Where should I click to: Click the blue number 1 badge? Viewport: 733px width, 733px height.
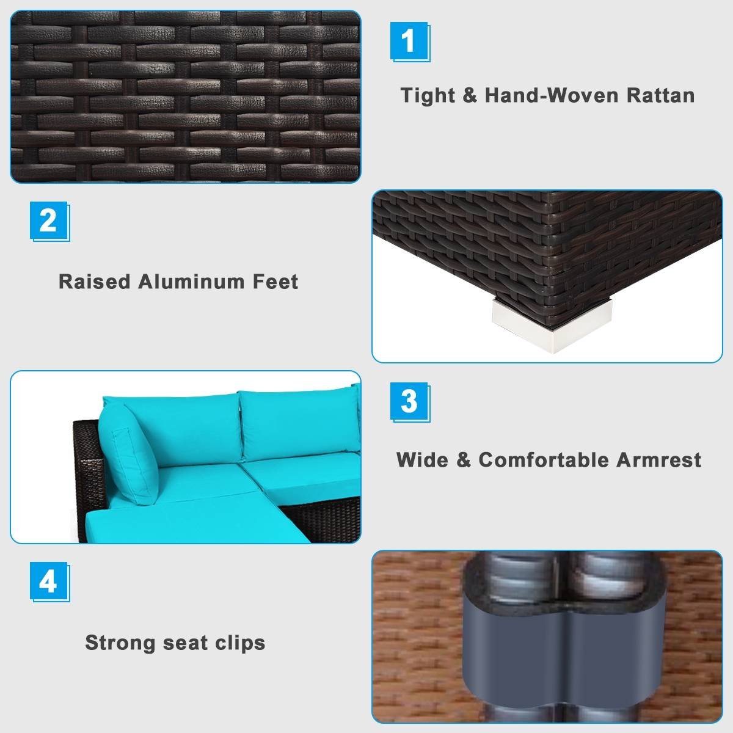point(409,41)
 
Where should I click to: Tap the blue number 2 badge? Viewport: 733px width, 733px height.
point(49,221)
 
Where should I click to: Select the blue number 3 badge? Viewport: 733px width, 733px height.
point(409,401)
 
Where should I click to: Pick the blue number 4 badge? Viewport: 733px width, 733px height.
point(49,581)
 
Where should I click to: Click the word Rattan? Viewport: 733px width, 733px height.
point(660,95)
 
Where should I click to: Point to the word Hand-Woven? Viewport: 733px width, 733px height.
point(551,95)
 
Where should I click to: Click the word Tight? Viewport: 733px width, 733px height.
point(428,96)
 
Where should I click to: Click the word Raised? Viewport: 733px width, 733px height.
point(95,282)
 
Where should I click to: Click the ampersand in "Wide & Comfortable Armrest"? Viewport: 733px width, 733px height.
point(464,460)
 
